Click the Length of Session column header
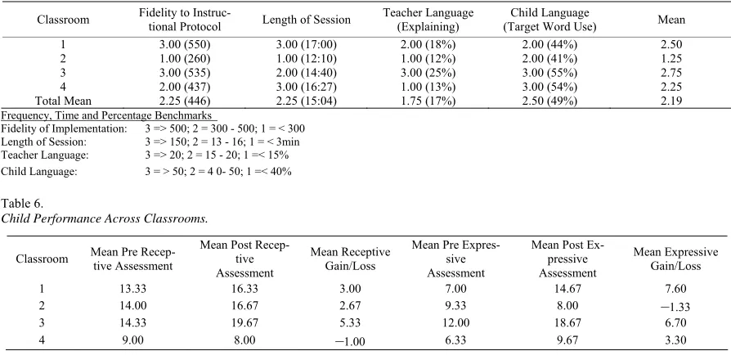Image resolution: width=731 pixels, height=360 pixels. coord(306,20)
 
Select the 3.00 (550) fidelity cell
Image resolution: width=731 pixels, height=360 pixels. coord(185,45)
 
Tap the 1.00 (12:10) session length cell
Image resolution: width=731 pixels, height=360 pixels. coord(307,59)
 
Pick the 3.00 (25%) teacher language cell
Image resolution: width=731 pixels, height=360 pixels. coord(428,73)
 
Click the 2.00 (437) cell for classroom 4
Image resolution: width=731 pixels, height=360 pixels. coord(185,87)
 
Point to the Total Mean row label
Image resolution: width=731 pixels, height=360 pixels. coord(64,101)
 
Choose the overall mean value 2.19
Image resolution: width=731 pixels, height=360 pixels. coord(671,101)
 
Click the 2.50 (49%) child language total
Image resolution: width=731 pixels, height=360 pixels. coord(549,101)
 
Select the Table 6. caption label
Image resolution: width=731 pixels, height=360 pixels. coord(23,204)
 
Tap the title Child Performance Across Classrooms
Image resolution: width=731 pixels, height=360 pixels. coord(105,218)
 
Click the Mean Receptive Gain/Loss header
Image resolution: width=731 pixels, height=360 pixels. coord(350,259)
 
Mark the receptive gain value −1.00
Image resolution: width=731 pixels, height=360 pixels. coord(350,341)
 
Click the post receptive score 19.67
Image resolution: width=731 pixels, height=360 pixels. coord(243,323)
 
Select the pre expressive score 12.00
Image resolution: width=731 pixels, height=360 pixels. coord(456,323)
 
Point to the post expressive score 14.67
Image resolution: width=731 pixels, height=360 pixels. coord(567,289)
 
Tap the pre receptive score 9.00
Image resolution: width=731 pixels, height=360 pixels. coord(132,340)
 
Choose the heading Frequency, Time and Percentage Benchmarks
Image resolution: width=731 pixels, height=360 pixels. coord(107,115)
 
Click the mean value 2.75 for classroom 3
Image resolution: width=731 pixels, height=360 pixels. coord(671,73)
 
